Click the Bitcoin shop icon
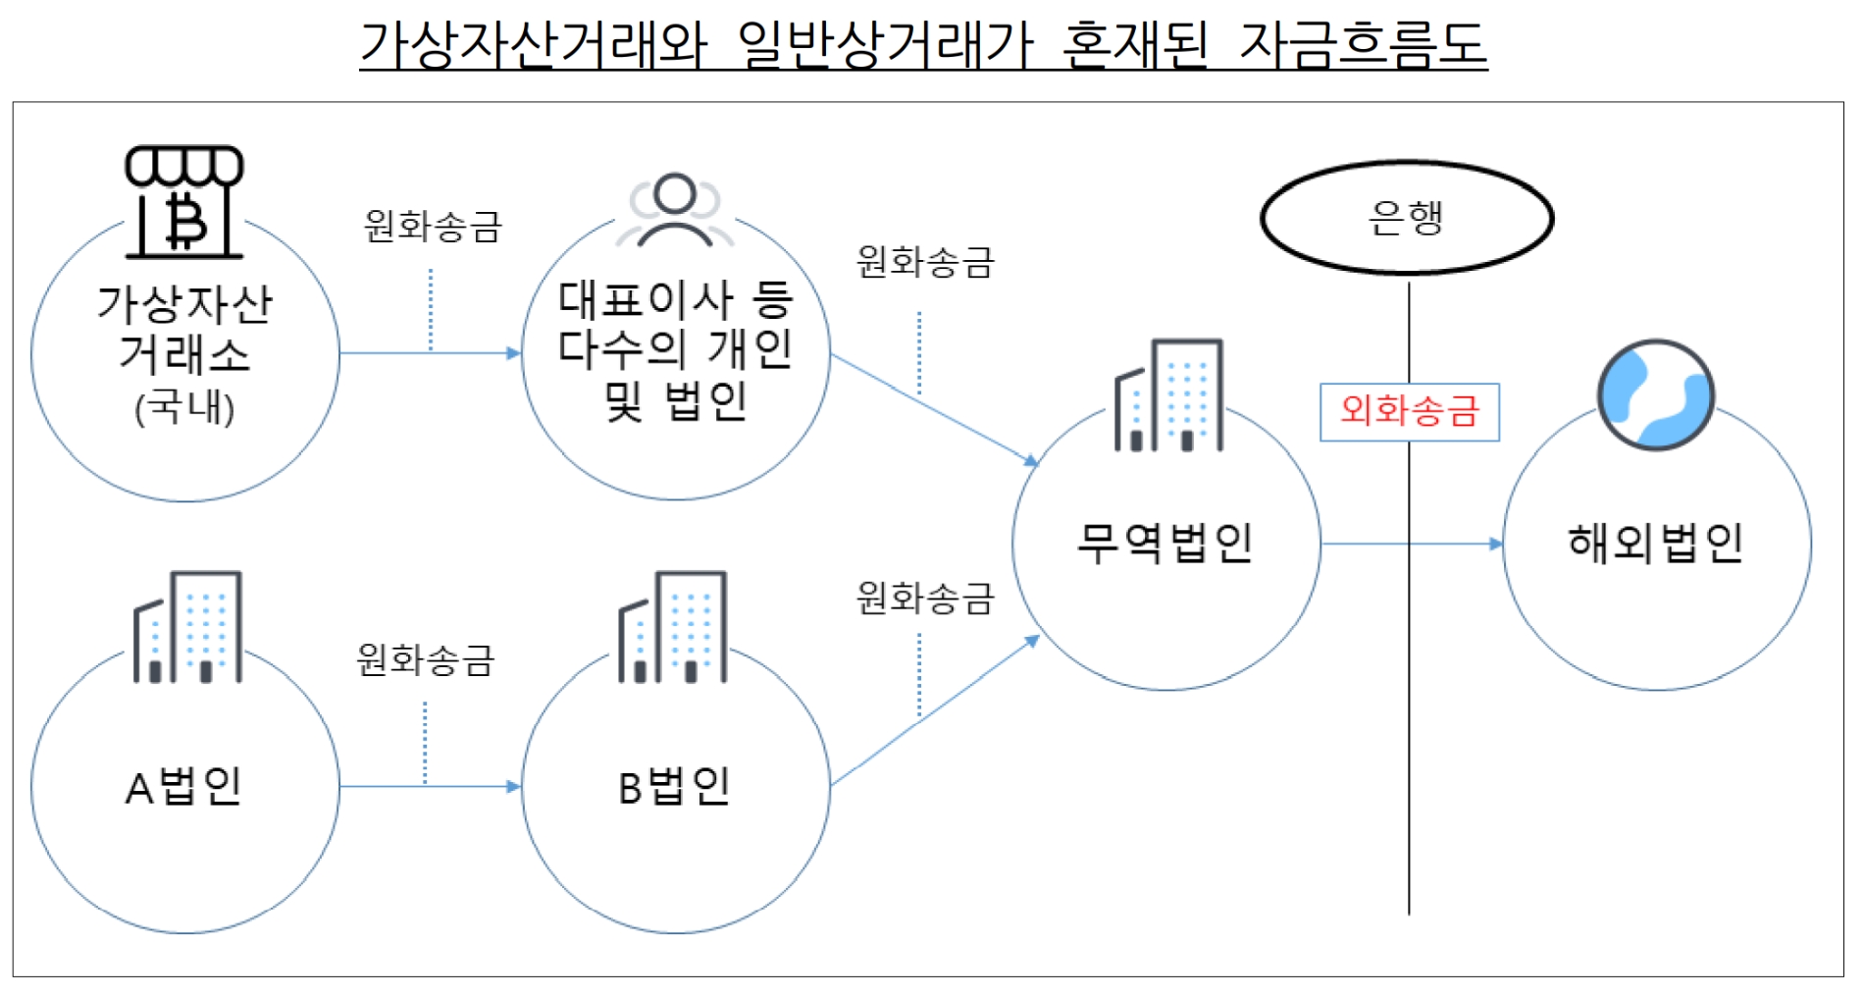pyautogui.click(x=184, y=202)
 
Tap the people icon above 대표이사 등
pyautogui.click(x=675, y=210)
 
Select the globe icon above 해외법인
pyautogui.click(x=1656, y=394)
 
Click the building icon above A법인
pyautogui.click(x=187, y=626)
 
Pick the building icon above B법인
pyautogui.click(x=673, y=626)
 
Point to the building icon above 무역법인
pyautogui.click(x=1168, y=395)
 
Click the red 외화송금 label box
pyautogui.click(x=1409, y=411)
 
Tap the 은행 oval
pyautogui.click(x=1407, y=218)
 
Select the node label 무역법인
pyautogui.click(x=1165, y=543)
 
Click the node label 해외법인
pyautogui.click(x=1655, y=543)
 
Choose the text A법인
pyautogui.click(x=183, y=786)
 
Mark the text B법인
pyautogui.click(x=674, y=786)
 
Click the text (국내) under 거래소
pyautogui.click(x=184, y=408)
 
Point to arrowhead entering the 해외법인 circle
pyautogui.click(x=1496, y=544)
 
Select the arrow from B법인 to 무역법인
pyautogui.click(x=932, y=710)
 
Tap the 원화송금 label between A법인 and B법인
pyautogui.click(x=426, y=659)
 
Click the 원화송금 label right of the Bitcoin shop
pyautogui.click(x=433, y=226)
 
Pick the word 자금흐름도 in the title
pyautogui.click(x=1364, y=45)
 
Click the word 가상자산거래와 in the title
pyautogui.click(x=534, y=45)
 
